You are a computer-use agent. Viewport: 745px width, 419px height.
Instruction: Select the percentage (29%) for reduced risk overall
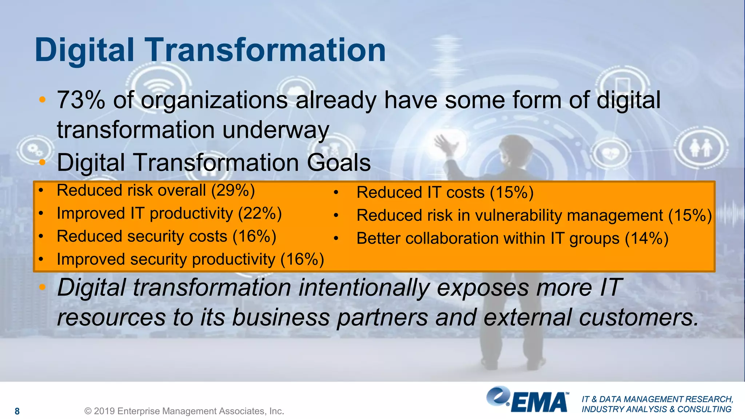(x=233, y=190)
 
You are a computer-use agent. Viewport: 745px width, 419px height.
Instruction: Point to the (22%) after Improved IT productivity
(x=260, y=213)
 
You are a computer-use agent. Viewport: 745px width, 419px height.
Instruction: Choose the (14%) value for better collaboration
(x=647, y=239)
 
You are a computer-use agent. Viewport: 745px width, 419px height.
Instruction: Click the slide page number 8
(x=17, y=411)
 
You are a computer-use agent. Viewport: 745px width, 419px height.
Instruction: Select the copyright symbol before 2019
(x=88, y=411)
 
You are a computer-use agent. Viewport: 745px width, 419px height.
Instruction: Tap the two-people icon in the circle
(x=701, y=147)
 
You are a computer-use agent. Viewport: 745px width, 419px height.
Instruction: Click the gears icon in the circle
(x=35, y=149)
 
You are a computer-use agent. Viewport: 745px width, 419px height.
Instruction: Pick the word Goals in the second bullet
(x=339, y=163)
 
